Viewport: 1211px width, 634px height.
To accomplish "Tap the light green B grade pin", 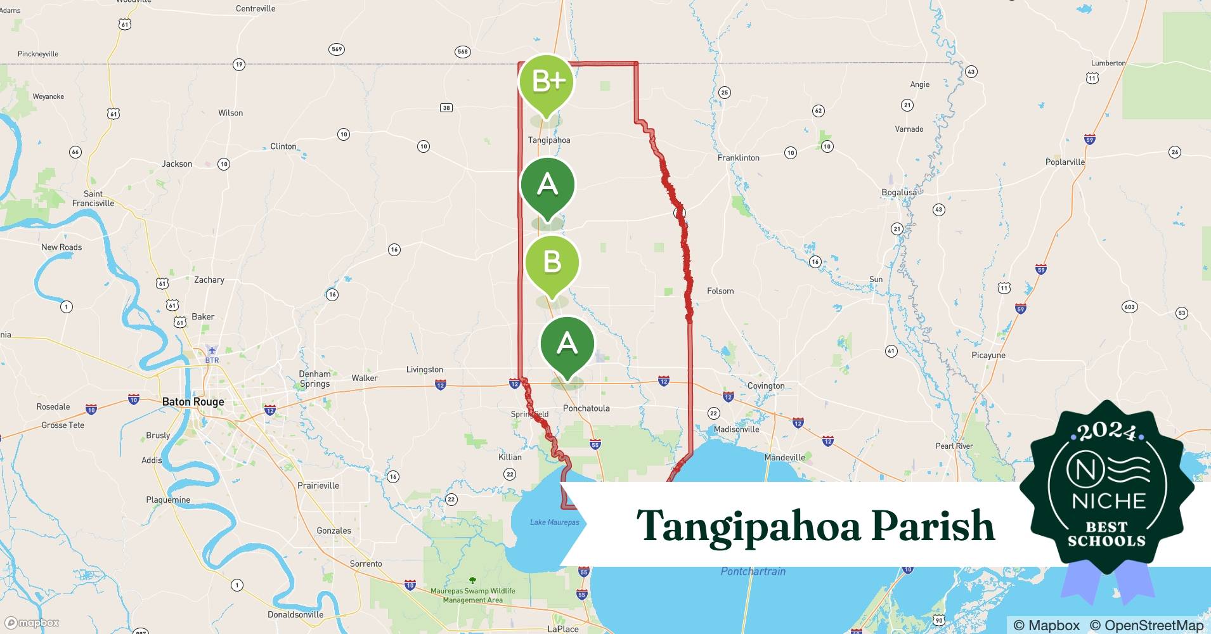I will coord(552,261).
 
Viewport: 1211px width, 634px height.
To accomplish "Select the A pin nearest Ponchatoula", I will coord(567,344).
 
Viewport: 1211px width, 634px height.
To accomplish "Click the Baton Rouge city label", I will coord(193,402).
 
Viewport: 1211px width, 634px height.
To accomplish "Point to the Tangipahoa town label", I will coord(549,140).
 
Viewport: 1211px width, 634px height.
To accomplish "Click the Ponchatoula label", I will coord(586,408).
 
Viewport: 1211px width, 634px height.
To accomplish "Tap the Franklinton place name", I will coord(738,158).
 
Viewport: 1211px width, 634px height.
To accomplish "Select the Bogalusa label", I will coord(899,192).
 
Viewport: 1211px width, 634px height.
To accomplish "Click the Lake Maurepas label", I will coord(554,522).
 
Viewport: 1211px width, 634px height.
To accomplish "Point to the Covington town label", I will coord(766,385).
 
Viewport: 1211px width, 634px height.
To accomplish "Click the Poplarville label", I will coord(1065,162).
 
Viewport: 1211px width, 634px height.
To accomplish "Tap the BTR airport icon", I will coord(212,351).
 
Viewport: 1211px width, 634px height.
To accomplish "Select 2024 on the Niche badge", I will coord(1106,432).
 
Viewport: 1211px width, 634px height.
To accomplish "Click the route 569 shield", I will coord(337,49).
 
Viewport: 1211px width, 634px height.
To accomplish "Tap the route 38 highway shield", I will coord(446,108).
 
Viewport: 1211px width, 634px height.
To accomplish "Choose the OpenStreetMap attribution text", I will coord(1146,625).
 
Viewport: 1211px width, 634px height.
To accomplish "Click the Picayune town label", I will coord(988,356).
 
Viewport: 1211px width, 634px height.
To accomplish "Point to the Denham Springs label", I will coord(315,378).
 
